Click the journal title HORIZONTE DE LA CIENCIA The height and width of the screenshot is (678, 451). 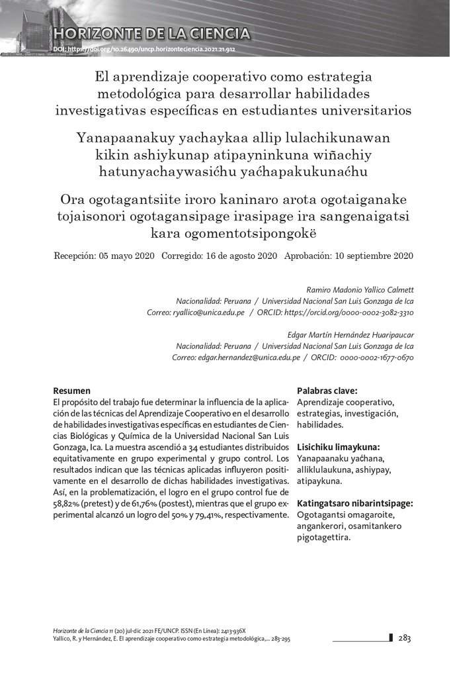pos(152,34)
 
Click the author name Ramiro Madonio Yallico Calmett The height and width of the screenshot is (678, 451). pos(360,290)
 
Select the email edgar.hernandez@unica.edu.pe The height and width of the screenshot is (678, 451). pos(235,358)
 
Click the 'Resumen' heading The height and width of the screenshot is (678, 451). pos(71,391)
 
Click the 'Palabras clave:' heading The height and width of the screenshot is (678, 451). pos(327,391)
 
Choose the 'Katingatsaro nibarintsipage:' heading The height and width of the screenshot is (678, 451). pos(355,503)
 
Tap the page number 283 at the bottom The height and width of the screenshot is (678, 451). pos(405,638)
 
